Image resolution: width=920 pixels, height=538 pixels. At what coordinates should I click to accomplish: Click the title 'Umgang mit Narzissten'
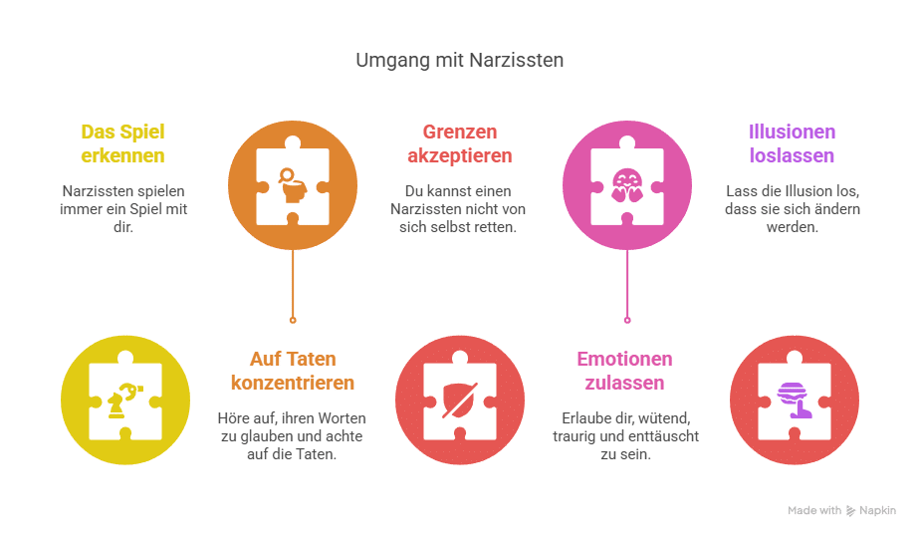460,61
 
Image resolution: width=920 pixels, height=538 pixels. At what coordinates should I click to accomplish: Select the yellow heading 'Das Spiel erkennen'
124,143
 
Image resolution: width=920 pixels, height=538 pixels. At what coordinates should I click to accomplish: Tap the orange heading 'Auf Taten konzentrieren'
292,370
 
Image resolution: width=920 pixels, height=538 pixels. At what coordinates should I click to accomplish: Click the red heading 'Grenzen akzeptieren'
460,143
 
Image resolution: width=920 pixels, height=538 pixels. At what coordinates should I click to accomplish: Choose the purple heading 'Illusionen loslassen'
793,143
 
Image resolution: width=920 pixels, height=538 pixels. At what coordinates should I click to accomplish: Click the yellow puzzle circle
124,398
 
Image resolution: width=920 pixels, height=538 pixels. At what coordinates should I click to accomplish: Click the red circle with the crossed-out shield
460,398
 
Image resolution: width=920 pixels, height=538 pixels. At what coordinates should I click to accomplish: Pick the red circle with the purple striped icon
794,398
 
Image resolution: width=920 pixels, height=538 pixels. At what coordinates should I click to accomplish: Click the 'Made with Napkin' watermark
841,510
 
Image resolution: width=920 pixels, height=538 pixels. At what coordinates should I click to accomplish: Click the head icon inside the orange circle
291,186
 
